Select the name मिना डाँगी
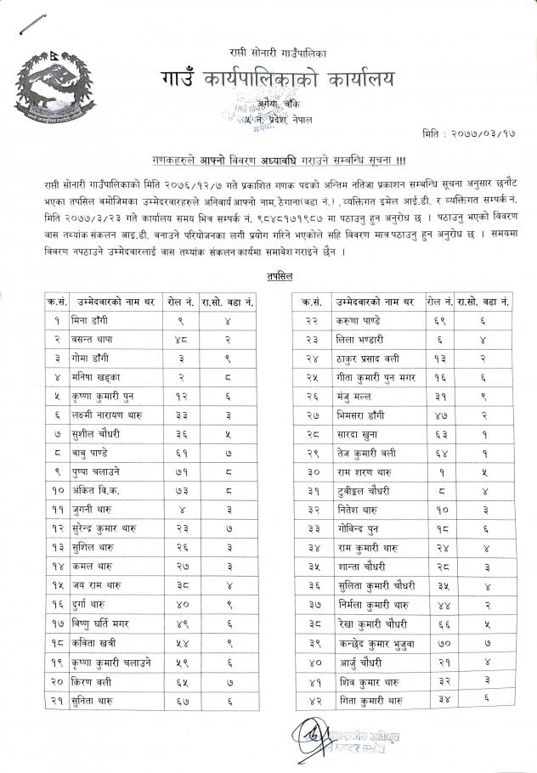tap(96, 320)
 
